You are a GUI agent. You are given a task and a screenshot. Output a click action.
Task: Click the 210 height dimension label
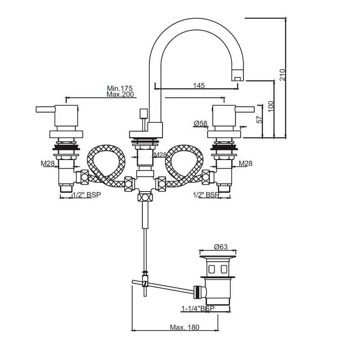[x=283, y=75]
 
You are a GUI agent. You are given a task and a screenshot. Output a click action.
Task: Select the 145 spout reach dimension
[x=199, y=85]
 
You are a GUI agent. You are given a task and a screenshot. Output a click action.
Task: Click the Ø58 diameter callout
[x=201, y=123]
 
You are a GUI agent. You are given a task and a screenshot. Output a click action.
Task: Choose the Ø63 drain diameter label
[x=221, y=247]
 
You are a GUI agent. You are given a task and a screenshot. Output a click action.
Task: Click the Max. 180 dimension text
[x=184, y=327]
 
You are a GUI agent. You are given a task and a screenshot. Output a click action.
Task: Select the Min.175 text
[x=120, y=88]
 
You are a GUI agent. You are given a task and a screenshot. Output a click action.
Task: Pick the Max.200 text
[x=120, y=94]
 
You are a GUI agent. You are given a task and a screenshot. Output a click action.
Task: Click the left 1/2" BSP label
[x=86, y=195]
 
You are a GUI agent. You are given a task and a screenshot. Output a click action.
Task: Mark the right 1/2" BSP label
[x=206, y=195]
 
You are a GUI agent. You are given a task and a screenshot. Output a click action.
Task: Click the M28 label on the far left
[x=48, y=163]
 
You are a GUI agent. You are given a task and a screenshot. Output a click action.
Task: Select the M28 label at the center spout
[x=160, y=155]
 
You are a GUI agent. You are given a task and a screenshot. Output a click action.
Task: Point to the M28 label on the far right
[x=246, y=163]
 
